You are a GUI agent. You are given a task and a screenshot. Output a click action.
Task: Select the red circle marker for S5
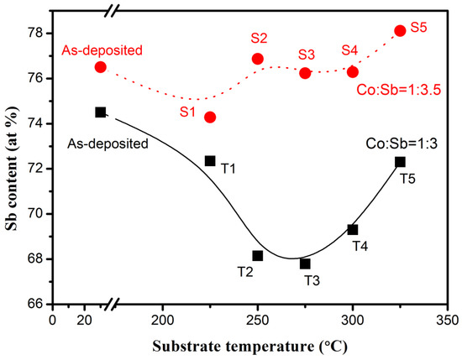pos(400,30)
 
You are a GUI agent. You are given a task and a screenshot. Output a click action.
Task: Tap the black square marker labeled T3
pos(305,263)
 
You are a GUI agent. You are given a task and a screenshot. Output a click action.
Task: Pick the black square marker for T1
pos(210,160)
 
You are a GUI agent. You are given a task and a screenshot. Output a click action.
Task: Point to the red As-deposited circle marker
pos(101,66)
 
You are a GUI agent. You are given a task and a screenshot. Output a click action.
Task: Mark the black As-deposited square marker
pos(101,112)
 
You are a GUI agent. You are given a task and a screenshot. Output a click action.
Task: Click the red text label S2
pos(259,39)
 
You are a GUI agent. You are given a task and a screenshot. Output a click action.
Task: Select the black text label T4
pos(360,246)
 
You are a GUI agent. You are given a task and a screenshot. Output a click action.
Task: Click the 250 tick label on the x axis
pos(257,321)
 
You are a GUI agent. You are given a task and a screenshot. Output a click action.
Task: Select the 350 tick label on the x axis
pos(448,321)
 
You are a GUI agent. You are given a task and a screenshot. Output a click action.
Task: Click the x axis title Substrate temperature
pos(249,346)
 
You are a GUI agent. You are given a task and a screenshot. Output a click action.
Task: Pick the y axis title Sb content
pos(12,168)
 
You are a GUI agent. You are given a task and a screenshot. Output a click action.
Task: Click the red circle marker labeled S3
pos(305,73)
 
